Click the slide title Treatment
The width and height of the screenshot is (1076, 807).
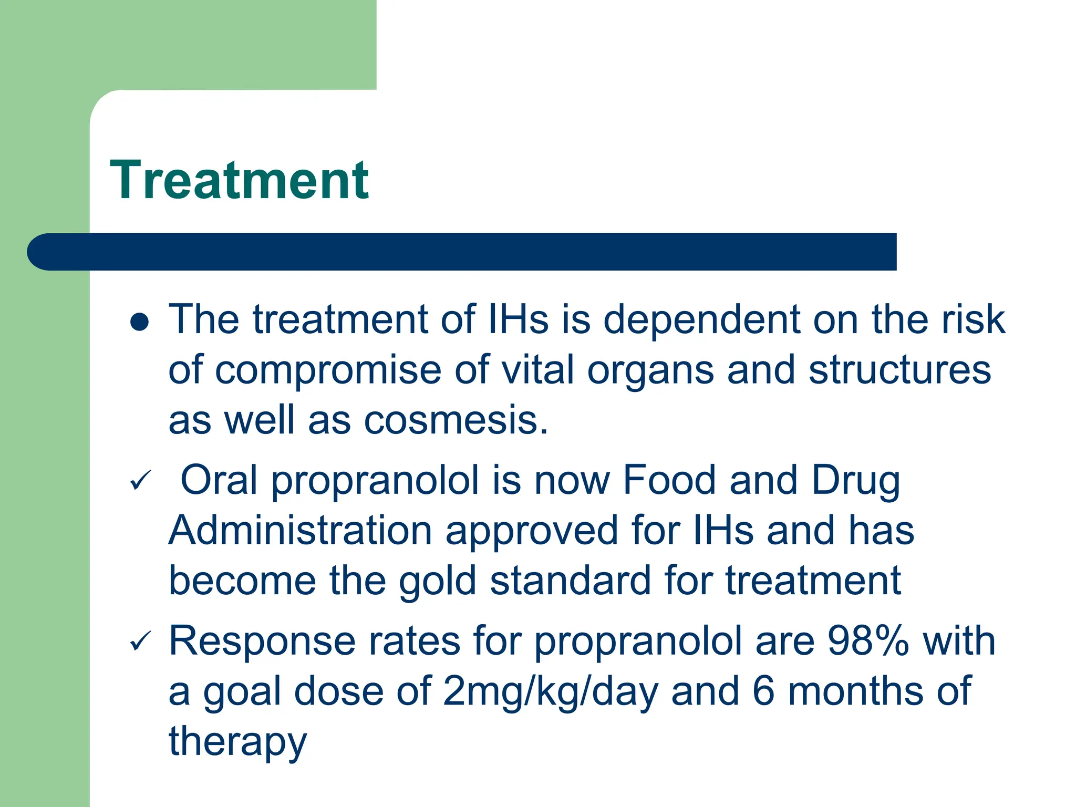[x=239, y=180]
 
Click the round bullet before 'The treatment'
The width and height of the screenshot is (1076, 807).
[x=140, y=322]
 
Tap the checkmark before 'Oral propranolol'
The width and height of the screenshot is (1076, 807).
[x=140, y=480]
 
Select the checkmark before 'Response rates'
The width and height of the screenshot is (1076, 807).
[x=140, y=641]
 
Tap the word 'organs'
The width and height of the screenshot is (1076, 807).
[x=650, y=370]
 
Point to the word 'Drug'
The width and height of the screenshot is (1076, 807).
[x=855, y=481]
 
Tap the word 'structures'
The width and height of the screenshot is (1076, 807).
[x=899, y=370]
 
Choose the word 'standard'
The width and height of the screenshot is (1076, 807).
[x=570, y=581]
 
